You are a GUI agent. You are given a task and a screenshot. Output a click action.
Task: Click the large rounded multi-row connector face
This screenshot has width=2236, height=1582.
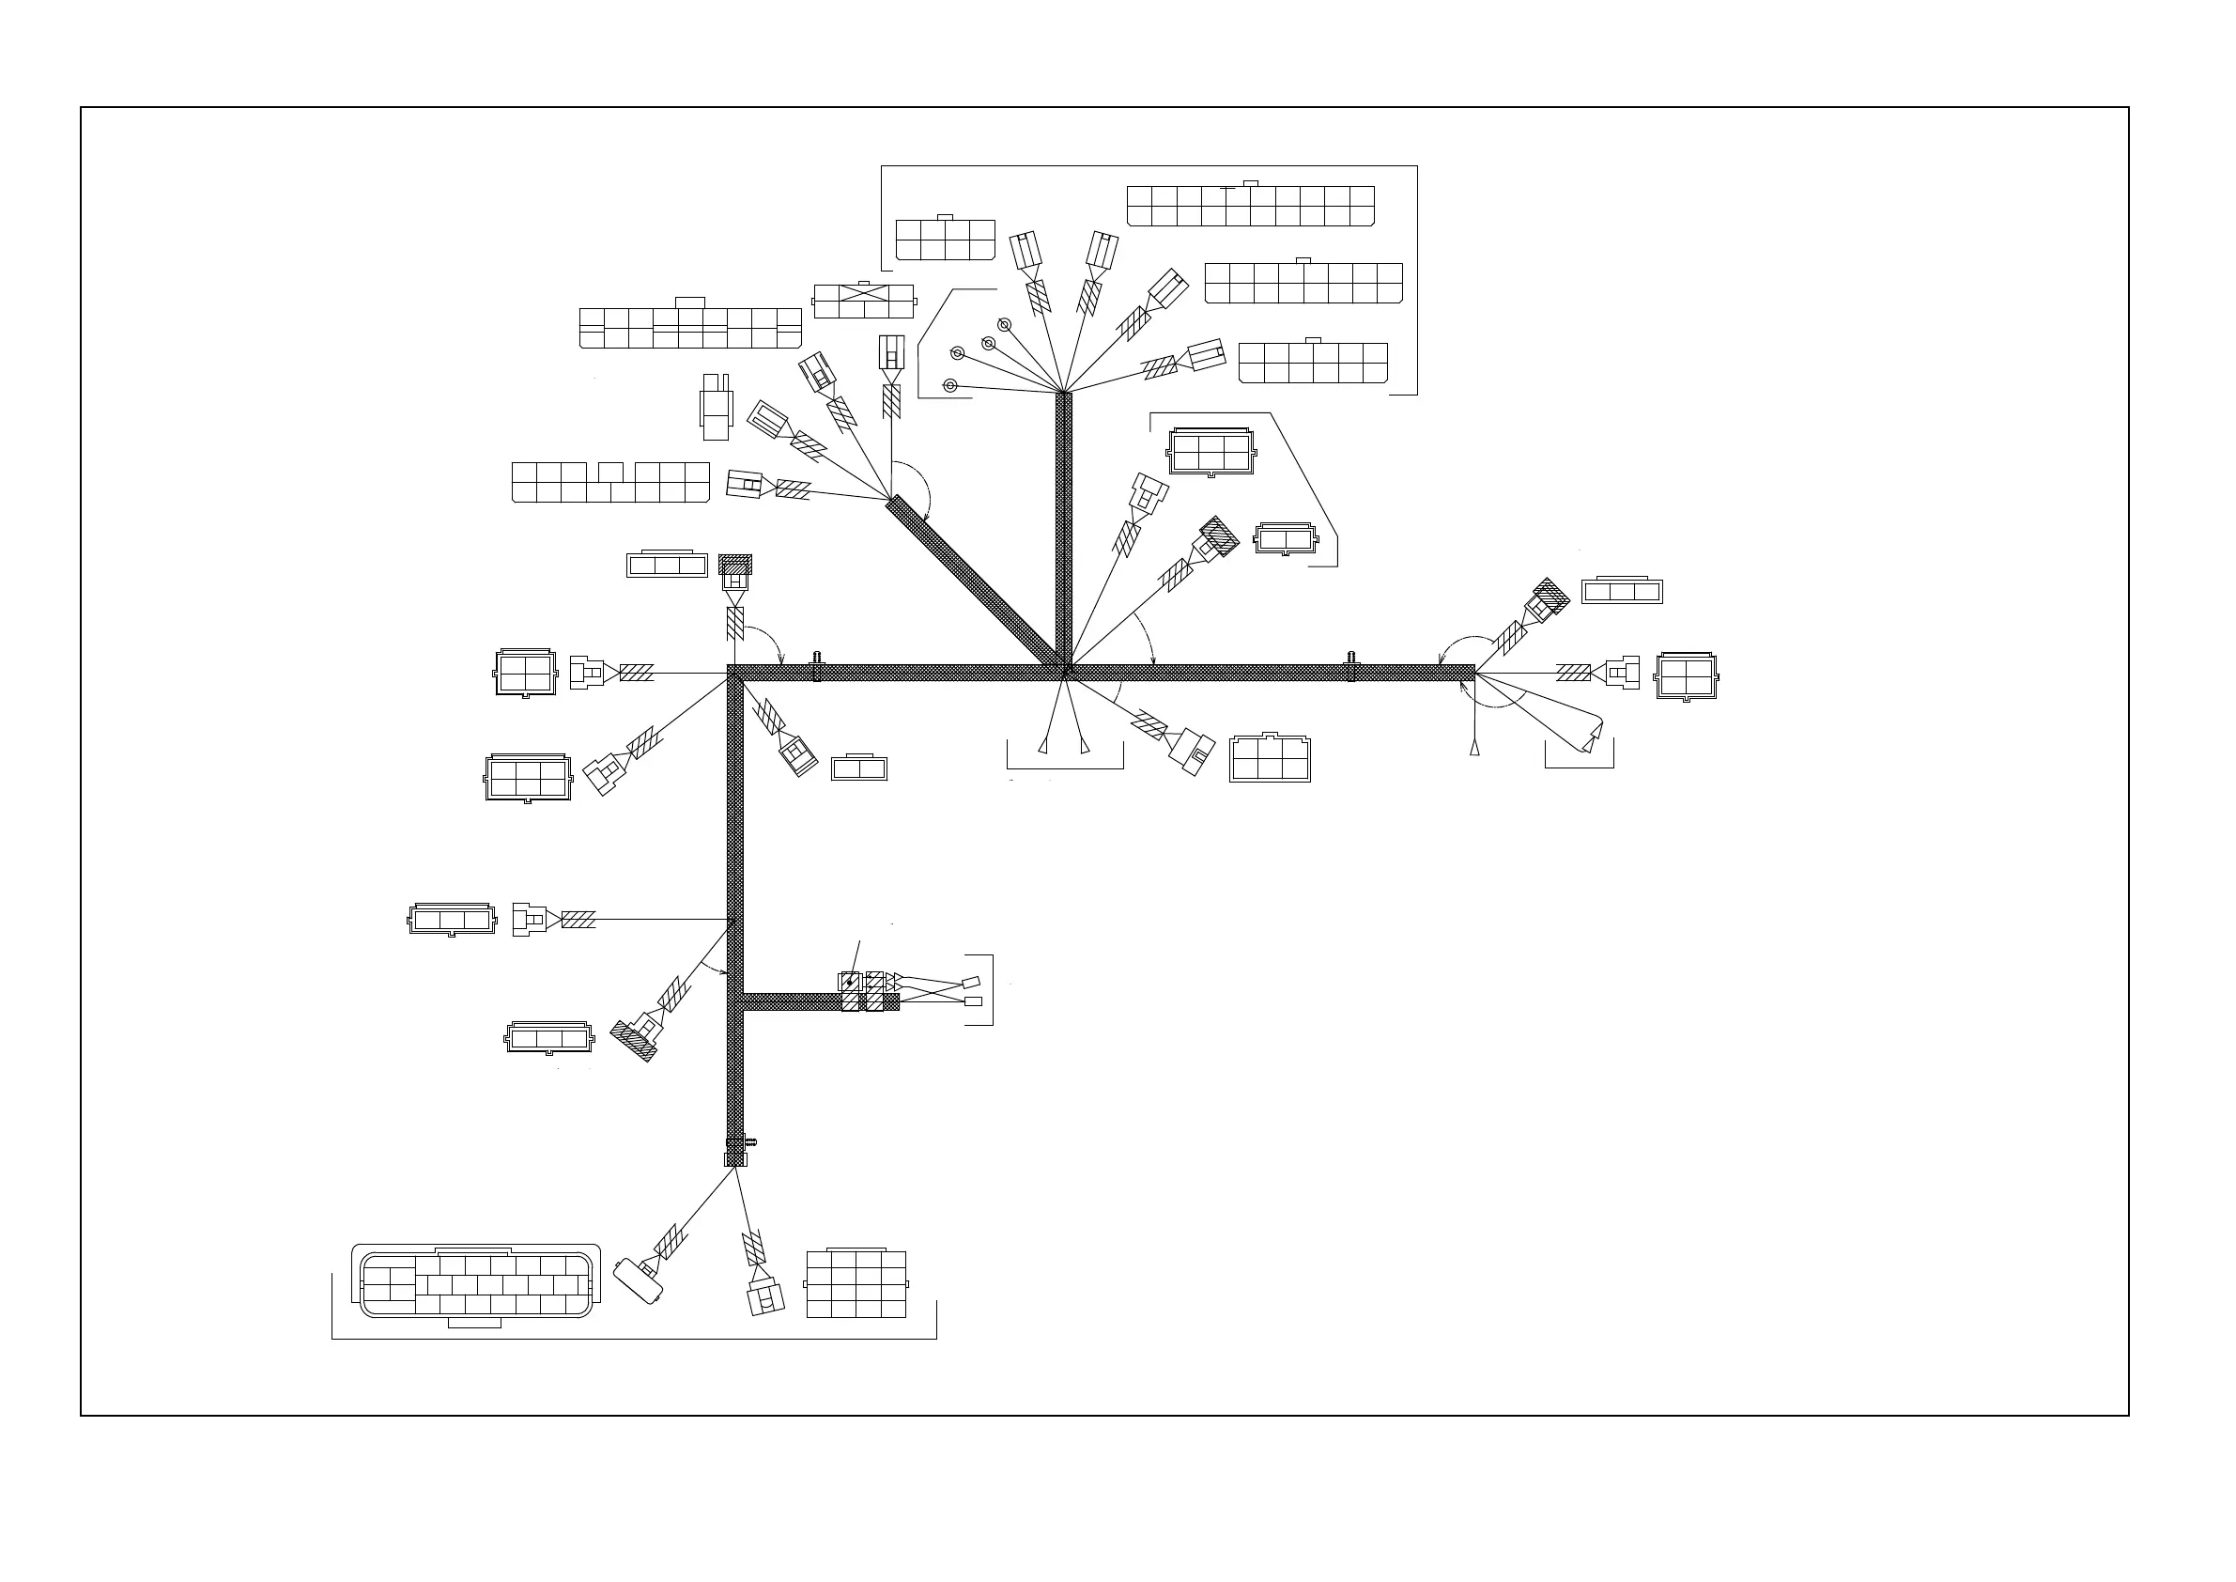[x=475, y=1284]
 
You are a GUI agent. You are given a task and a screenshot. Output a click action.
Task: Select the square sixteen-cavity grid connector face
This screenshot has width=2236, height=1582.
[x=856, y=1284]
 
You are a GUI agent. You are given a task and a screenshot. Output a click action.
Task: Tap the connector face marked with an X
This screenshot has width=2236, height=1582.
[x=864, y=301]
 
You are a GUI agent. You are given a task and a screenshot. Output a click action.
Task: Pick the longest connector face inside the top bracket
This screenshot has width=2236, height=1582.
[x=1251, y=206]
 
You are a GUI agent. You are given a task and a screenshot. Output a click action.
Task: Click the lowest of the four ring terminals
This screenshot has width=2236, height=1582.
[x=951, y=386]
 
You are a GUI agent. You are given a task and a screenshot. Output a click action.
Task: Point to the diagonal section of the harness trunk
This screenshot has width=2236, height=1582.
[x=974, y=581]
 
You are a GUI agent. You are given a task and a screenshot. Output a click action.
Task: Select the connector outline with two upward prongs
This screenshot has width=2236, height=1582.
[x=715, y=406]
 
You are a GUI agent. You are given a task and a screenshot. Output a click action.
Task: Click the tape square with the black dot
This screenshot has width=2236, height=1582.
[x=849, y=982]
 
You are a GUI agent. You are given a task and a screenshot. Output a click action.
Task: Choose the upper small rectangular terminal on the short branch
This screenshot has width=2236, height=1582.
[x=972, y=983]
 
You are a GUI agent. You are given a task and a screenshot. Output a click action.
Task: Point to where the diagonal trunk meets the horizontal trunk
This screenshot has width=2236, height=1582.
[x=1061, y=668]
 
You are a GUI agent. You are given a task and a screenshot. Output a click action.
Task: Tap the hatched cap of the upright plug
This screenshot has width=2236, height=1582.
[x=735, y=563]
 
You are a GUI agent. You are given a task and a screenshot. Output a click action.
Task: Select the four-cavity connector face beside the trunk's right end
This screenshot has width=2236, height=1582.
[x=1687, y=675]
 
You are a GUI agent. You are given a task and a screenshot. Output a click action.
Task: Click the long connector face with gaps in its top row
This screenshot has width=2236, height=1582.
[x=610, y=482]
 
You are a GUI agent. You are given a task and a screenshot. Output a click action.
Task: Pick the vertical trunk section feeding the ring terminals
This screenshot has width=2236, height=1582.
[x=1063, y=526]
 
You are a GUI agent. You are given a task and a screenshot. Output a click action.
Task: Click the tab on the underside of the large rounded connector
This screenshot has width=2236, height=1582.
[x=474, y=1323]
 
